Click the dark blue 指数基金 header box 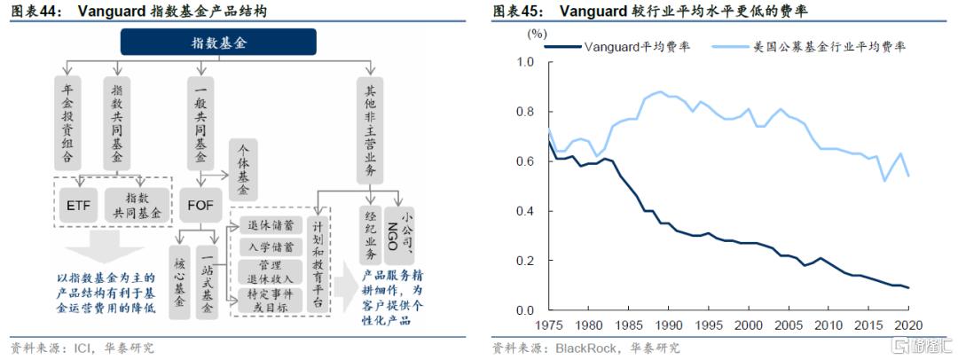pos(217,41)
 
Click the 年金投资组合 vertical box pos(68,125)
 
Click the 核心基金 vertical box pos(181,278)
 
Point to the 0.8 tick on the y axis pos(526,112)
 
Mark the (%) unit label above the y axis pos(537,34)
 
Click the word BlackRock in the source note pos(585,347)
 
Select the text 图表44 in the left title pos(30,12)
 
